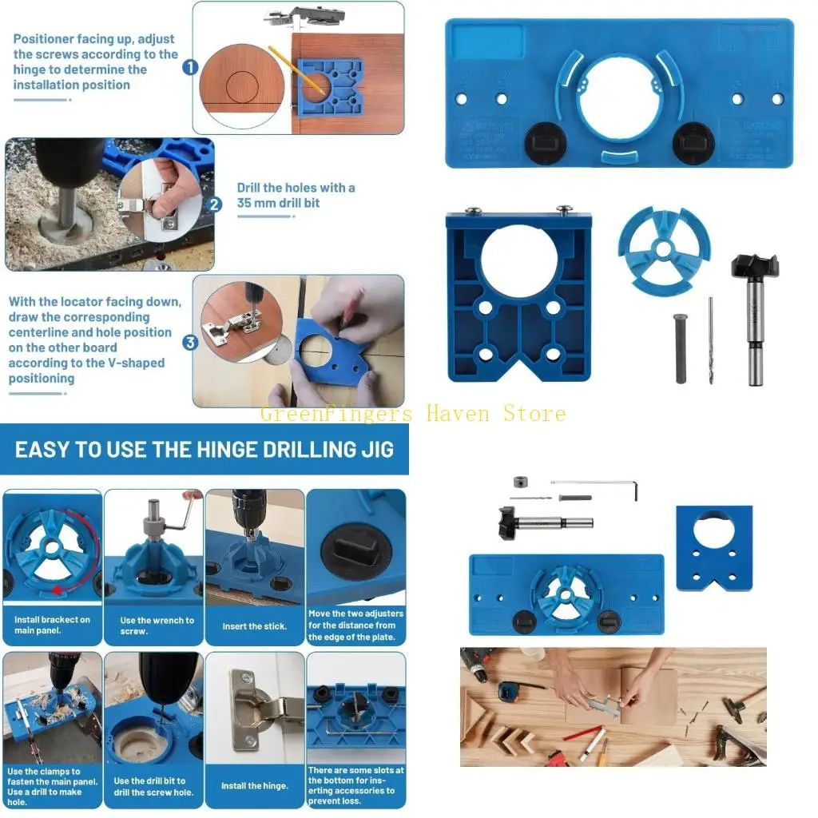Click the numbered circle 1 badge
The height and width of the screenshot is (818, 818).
pyautogui.click(x=190, y=68)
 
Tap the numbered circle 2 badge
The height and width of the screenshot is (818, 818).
pyautogui.click(x=214, y=204)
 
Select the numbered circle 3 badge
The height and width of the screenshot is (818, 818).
pyautogui.click(x=190, y=343)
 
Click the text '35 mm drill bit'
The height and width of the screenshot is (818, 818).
pyautogui.click(x=278, y=203)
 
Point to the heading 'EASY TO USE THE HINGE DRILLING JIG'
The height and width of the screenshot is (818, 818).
pyautogui.click(x=204, y=449)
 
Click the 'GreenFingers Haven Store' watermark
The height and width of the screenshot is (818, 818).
pyautogui.click(x=413, y=413)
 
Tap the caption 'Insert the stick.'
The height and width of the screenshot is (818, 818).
pyautogui.click(x=254, y=626)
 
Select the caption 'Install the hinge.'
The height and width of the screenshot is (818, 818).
pyautogui.click(x=254, y=786)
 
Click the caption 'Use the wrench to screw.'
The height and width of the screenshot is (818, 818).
pyautogui.click(x=157, y=625)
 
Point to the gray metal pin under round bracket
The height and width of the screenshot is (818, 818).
pyautogui.click(x=681, y=348)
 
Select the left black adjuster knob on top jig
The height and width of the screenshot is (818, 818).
pyautogui.click(x=545, y=143)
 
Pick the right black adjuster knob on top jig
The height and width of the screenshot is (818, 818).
pyautogui.click(x=692, y=143)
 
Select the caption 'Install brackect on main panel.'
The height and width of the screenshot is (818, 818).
pyautogui.click(x=52, y=625)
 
